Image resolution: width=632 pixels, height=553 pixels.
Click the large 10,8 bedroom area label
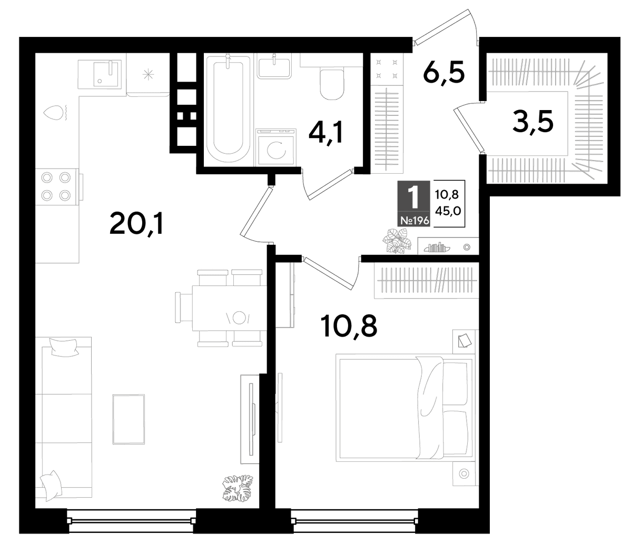pos(349,327)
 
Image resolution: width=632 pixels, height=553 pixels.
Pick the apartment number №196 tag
pos(414,220)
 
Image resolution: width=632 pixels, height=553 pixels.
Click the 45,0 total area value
pos(448,211)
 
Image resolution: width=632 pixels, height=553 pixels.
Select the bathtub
pos(228,108)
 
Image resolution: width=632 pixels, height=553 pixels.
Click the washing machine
pos(276,147)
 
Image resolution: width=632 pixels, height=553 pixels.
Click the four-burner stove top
pos(56,186)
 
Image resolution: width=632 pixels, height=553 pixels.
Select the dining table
pos(229,308)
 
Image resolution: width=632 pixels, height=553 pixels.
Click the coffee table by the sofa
pos(129,419)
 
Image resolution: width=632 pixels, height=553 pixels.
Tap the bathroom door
pos(329,184)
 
